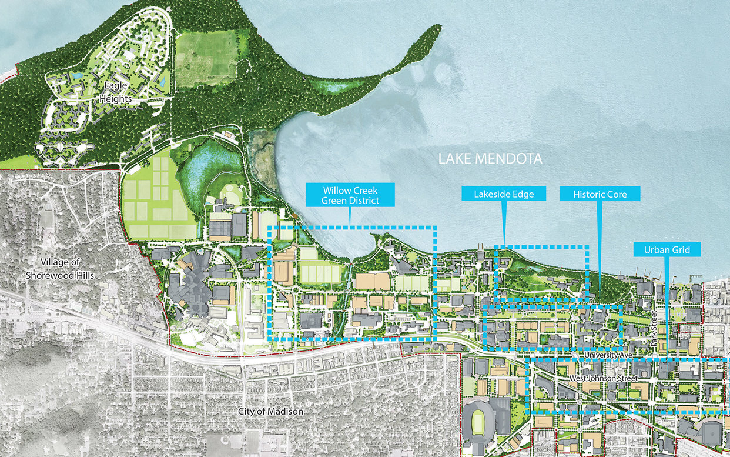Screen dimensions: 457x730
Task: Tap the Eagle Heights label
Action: [116, 93]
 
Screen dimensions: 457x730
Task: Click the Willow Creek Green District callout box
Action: [350, 195]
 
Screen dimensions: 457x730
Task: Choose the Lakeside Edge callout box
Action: [504, 194]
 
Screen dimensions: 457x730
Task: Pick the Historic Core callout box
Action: [600, 194]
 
